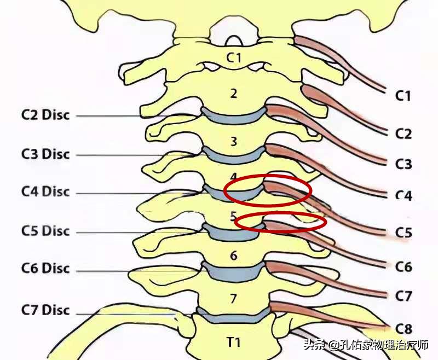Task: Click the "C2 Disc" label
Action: point(45,116)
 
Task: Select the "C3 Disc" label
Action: point(45,154)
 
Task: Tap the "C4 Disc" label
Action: point(45,192)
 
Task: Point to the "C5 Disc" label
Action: point(45,231)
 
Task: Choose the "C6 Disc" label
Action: point(45,269)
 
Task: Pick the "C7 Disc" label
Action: point(45,310)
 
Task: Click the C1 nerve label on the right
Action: point(403,96)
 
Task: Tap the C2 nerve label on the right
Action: point(403,133)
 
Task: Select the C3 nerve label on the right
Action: point(403,164)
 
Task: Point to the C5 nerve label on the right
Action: point(403,233)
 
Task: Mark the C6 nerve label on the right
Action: point(403,266)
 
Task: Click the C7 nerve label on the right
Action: point(403,296)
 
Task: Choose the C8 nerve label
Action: point(403,328)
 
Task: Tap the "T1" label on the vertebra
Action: point(234,342)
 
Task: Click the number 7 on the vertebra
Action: point(234,299)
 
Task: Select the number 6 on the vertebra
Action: point(234,256)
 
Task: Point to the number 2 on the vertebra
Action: point(234,93)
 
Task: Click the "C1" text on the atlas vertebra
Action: point(234,57)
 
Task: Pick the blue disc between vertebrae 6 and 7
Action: point(234,271)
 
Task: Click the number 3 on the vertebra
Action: point(234,142)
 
